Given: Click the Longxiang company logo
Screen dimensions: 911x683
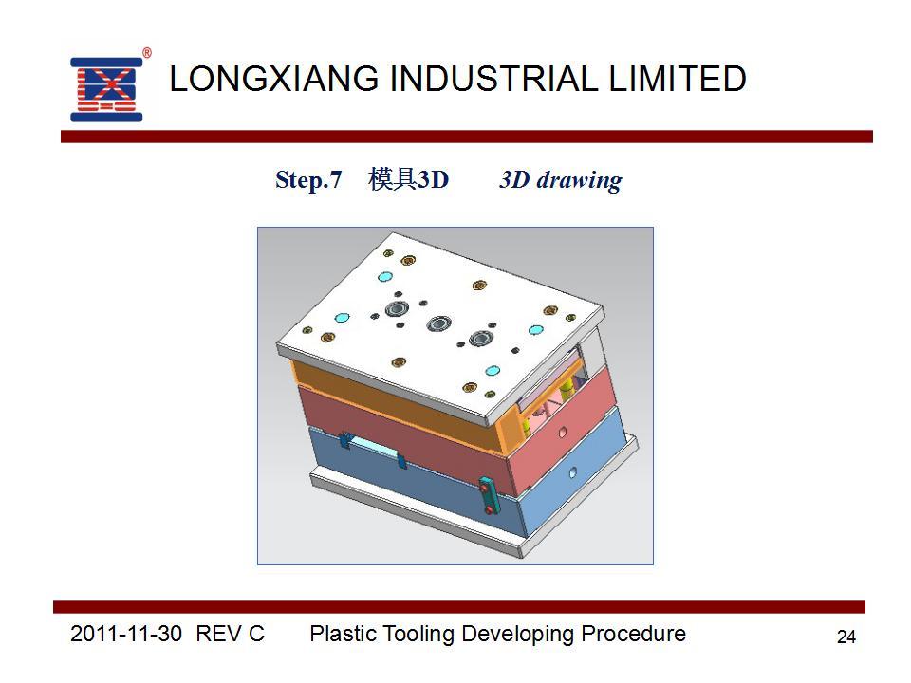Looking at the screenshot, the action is click(106, 89).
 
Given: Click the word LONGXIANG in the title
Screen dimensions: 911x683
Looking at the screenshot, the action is click(273, 79).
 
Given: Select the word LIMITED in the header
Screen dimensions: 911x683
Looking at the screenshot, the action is click(677, 79).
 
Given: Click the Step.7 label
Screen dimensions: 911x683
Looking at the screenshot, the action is click(308, 180).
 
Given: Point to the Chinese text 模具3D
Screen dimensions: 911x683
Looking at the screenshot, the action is click(408, 179).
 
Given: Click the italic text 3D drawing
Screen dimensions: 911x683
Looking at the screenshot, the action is click(561, 180).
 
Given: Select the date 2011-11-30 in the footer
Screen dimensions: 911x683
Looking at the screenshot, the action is click(126, 634).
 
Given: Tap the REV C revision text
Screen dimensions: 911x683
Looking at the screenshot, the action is click(230, 634).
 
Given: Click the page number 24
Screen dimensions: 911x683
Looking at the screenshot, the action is click(846, 637).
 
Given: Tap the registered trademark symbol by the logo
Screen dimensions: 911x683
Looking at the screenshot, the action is click(147, 53).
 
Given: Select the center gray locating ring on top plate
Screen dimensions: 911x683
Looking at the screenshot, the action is click(438, 323).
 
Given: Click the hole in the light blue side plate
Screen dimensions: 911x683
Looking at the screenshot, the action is click(573, 472).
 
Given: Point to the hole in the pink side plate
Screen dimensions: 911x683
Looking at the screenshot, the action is click(563, 433).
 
